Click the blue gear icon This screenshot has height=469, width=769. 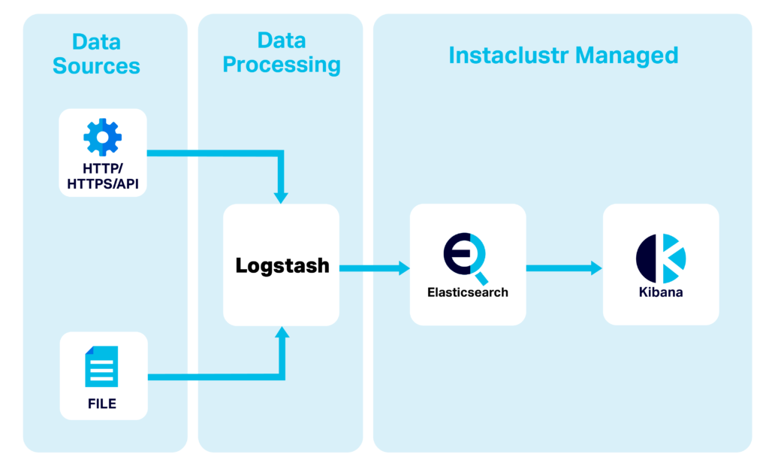[x=102, y=138]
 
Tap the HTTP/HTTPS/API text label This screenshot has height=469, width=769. [x=103, y=176]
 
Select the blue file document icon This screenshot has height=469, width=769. [x=101, y=366]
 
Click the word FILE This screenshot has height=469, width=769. [x=102, y=404]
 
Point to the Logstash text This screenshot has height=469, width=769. [x=282, y=266]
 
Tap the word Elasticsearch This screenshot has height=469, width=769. [x=467, y=292]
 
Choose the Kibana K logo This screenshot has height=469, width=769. [x=661, y=257]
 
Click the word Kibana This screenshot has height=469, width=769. [x=661, y=292]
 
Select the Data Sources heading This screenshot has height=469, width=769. [x=96, y=54]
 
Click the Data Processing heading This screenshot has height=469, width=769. [x=282, y=53]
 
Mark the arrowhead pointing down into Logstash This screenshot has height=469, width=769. [x=282, y=197]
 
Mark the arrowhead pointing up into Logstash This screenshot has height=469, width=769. [x=282, y=333]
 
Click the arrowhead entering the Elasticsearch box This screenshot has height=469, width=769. [x=404, y=268]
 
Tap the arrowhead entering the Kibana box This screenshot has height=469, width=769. [x=596, y=268]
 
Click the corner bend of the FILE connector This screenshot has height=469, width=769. [x=282, y=376]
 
